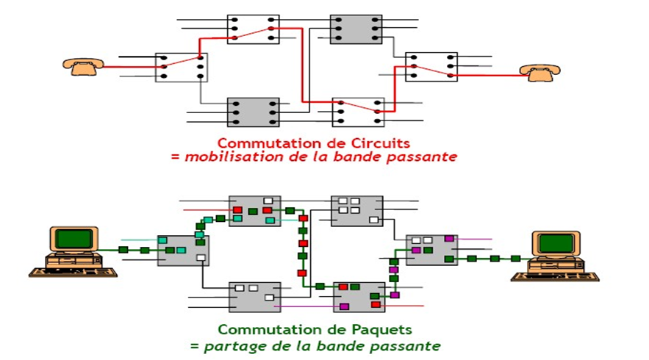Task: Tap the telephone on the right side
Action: (539, 71)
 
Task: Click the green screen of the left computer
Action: (74, 239)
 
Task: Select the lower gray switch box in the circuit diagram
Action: (253, 112)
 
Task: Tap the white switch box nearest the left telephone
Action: (182, 67)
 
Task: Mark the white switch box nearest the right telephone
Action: (431, 66)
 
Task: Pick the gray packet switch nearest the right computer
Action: (431, 249)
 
